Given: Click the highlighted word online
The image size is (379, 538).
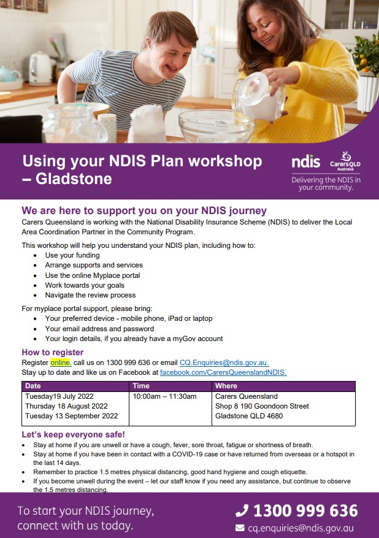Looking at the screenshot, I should point(60,363).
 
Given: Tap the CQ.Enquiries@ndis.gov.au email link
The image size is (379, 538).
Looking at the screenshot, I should point(224,363).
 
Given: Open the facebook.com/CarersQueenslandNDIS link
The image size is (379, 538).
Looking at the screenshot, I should point(223,372).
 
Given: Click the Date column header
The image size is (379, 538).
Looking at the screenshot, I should point(33,386).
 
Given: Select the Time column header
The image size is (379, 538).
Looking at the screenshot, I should point(141,386).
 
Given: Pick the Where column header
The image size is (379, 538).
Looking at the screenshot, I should point(226,386).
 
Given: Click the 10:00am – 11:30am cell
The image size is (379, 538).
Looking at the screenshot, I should point(164,396).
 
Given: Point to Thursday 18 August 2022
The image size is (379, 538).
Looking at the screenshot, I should point(66,406).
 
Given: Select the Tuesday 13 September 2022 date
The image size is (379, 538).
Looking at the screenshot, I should point(71,416).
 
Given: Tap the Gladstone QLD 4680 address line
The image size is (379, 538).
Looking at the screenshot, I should point(249,416).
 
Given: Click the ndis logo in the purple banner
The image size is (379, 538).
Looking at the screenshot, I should point(305,162).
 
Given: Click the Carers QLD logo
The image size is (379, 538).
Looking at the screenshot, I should point(346,161).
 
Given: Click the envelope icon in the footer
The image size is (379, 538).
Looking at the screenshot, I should point(240,528).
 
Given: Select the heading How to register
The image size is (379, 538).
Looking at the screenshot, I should point(53,352).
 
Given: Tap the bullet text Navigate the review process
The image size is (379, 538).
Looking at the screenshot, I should point(89,295).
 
